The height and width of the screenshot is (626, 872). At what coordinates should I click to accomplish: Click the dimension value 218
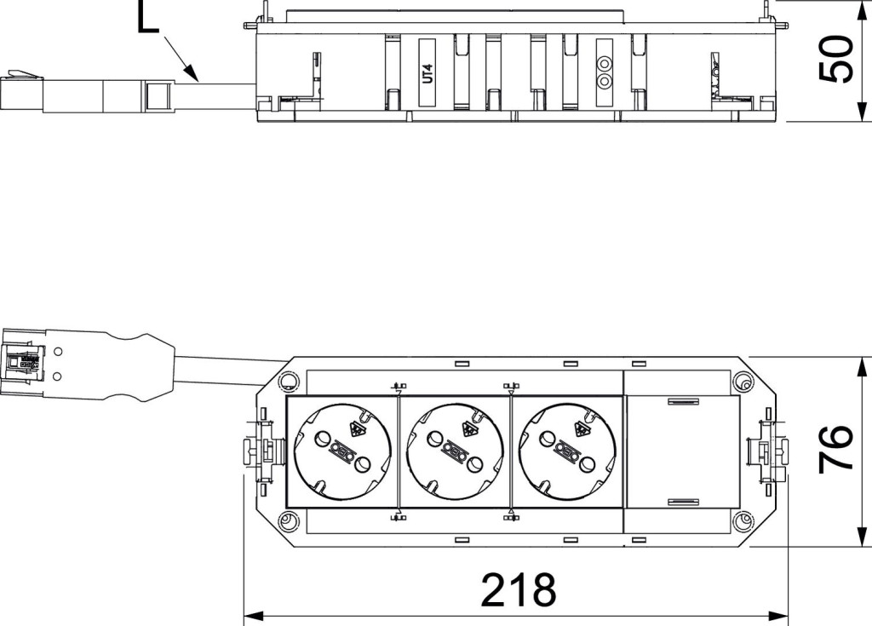(519, 590)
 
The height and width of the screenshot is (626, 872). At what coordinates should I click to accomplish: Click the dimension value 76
(836, 449)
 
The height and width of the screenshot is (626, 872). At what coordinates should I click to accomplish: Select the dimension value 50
(836, 60)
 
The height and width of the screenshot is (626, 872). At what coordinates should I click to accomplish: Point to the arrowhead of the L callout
(192, 72)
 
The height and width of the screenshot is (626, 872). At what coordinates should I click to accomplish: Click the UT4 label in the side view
(427, 72)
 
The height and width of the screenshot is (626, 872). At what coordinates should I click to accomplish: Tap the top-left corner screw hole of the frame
(288, 381)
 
